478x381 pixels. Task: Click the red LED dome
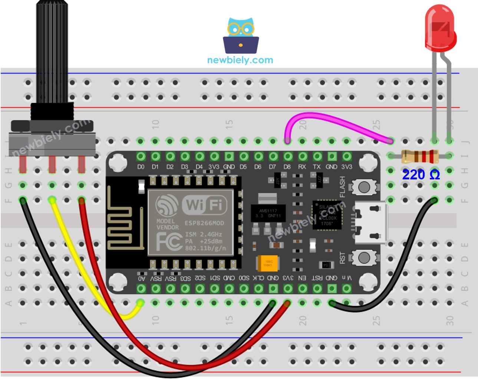point(440,28)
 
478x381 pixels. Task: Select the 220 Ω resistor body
point(420,156)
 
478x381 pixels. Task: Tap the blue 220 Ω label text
point(421,175)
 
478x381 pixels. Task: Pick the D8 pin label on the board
point(287,167)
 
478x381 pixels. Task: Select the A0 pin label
point(141,278)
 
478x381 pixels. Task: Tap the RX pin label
point(302,167)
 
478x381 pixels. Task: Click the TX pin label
point(317,167)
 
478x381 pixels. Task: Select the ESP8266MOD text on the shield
point(204,223)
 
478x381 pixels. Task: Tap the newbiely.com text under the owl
point(240,60)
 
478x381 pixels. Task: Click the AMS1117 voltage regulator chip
point(268,213)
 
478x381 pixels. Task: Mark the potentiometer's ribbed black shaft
point(52,52)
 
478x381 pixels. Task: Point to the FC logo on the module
point(168,242)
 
